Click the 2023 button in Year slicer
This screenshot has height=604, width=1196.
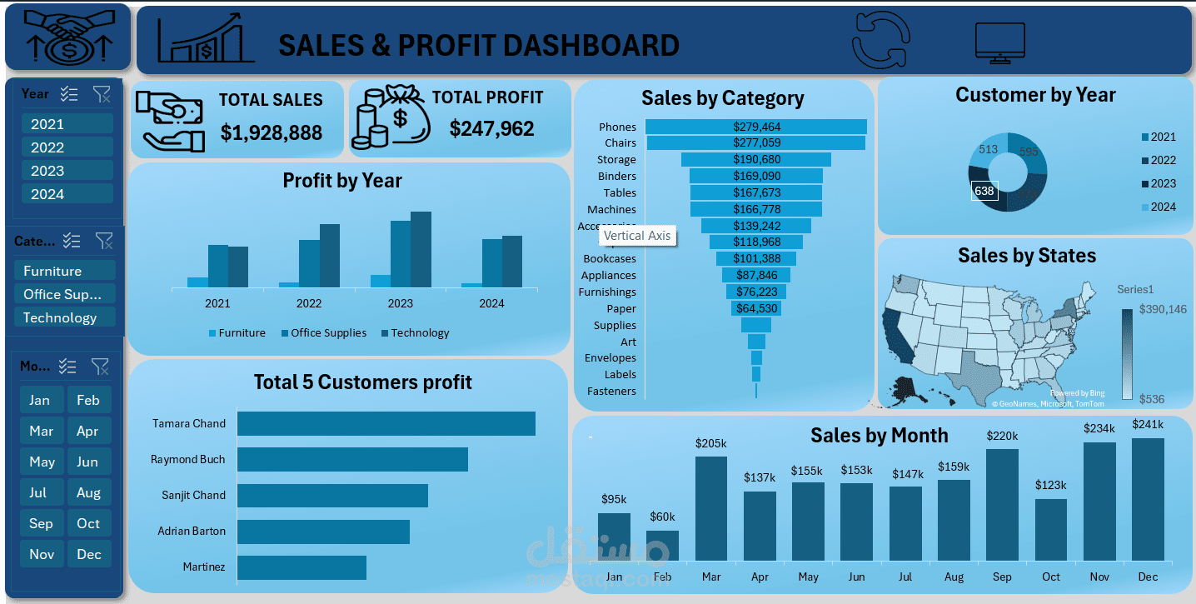click(x=67, y=171)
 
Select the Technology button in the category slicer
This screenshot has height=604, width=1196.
click(x=64, y=317)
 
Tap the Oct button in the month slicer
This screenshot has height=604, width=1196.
click(x=88, y=523)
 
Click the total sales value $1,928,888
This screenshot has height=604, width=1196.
click(x=271, y=132)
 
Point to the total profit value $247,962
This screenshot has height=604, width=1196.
click(x=491, y=128)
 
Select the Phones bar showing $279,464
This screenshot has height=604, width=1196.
click(x=756, y=127)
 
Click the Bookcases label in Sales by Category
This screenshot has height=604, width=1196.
click(x=609, y=259)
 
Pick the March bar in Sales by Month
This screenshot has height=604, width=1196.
click(x=710, y=508)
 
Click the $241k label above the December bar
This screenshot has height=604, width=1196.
click(x=1148, y=425)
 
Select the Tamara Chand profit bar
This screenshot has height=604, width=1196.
click(x=386, y=423)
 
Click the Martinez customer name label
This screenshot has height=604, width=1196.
click(x=203, y=567)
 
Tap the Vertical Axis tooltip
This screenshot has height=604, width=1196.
click(x=636, y=236)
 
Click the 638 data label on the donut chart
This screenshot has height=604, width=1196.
click(x=984, y=192)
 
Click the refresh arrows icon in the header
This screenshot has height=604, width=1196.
click(x=881, y=40)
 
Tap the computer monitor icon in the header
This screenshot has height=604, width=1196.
click(x=1000, y=43)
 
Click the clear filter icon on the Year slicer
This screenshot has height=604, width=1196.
click(x=102, y=94)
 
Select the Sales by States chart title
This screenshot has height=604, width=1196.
click(x=1026, y=256)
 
